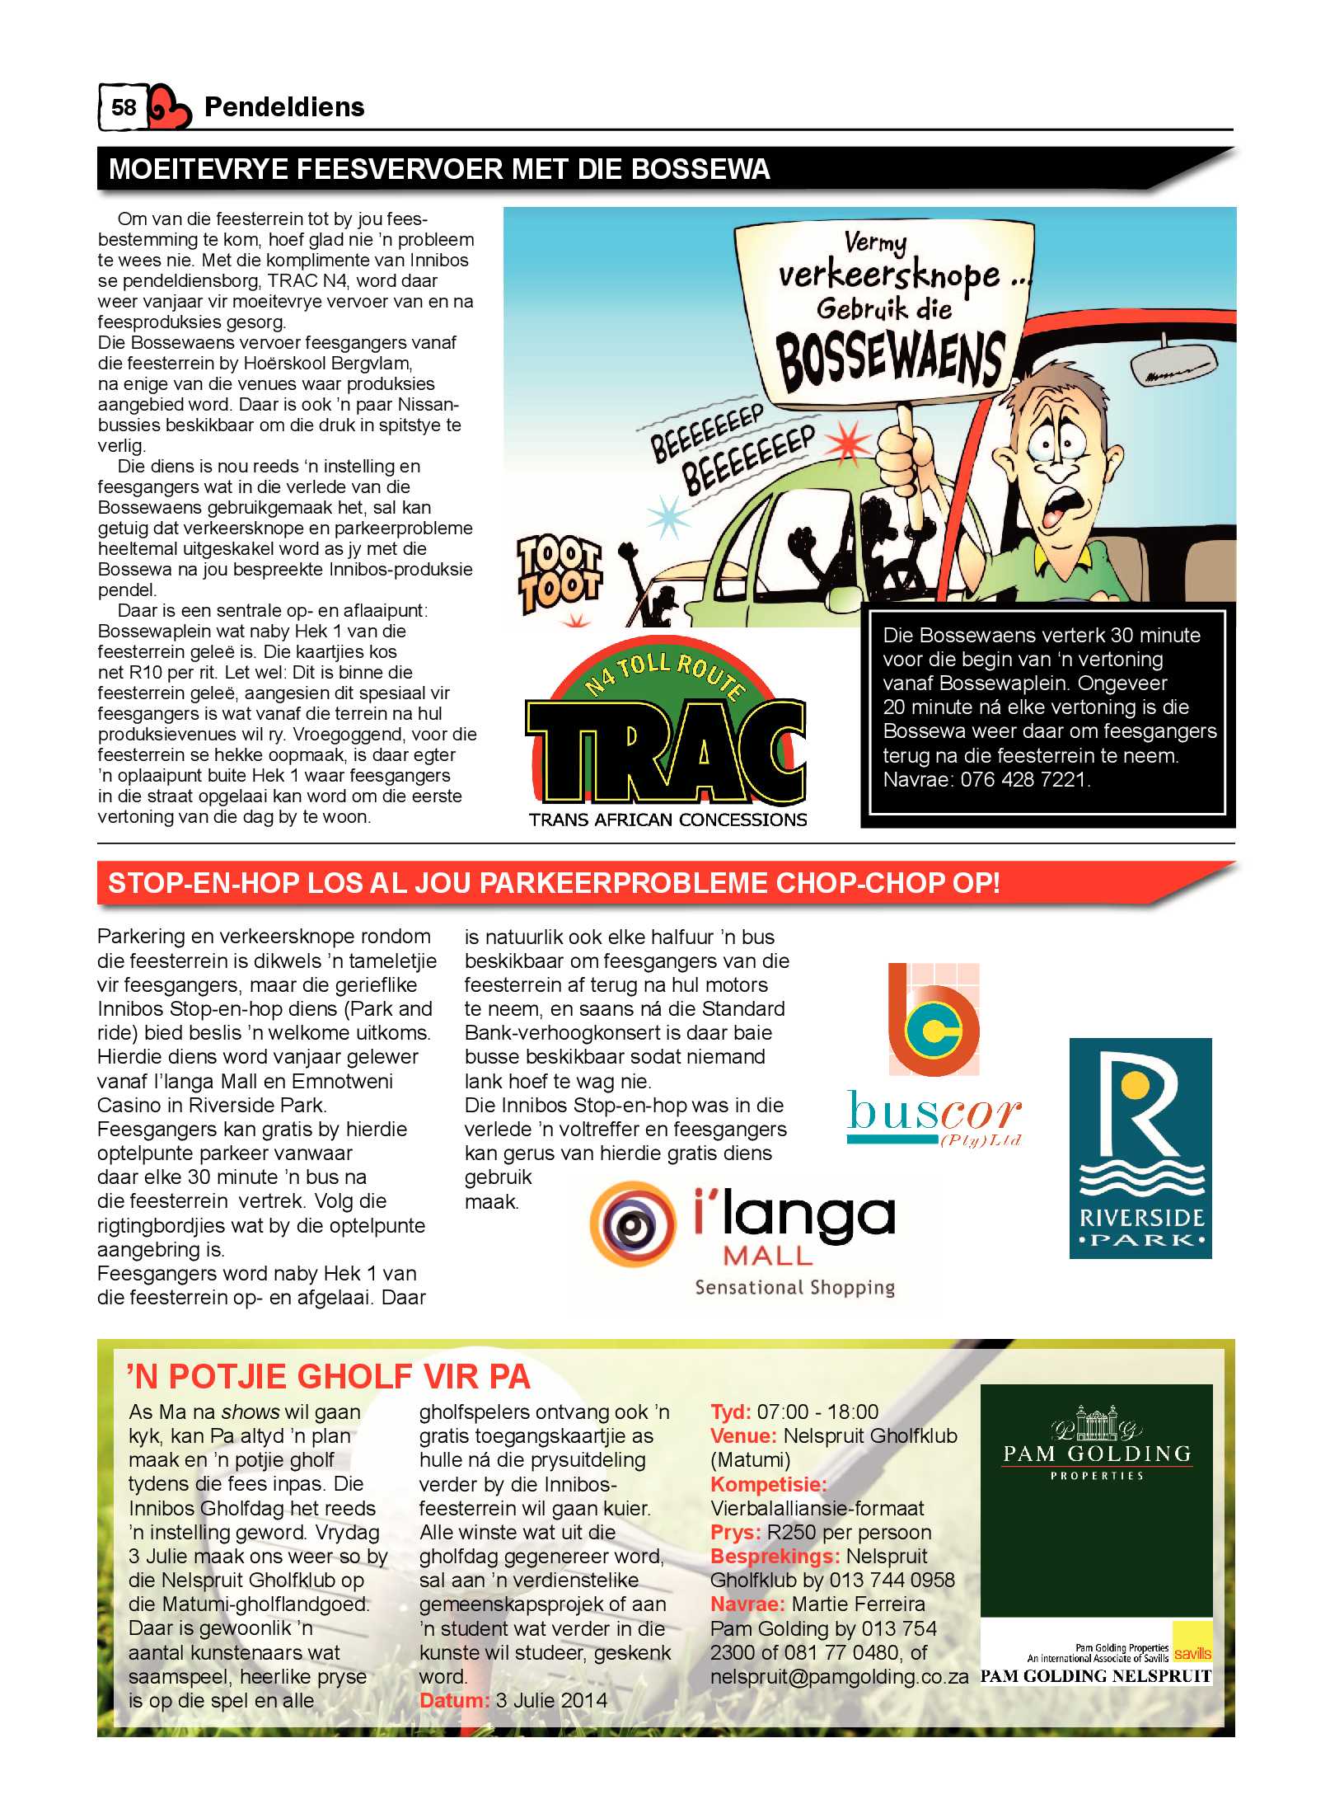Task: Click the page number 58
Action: [124, 107]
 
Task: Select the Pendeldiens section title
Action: [283, 107]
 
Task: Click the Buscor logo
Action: [934, 1055]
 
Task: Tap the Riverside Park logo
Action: [1140, 1148]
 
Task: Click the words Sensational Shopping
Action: [794, 1287]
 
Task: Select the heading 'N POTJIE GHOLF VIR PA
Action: [328, 1377]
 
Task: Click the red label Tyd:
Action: [730, 1412]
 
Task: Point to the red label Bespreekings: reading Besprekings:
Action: [775, 1556]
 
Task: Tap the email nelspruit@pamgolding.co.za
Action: [839, 1676]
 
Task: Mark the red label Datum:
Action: [454, 1700]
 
